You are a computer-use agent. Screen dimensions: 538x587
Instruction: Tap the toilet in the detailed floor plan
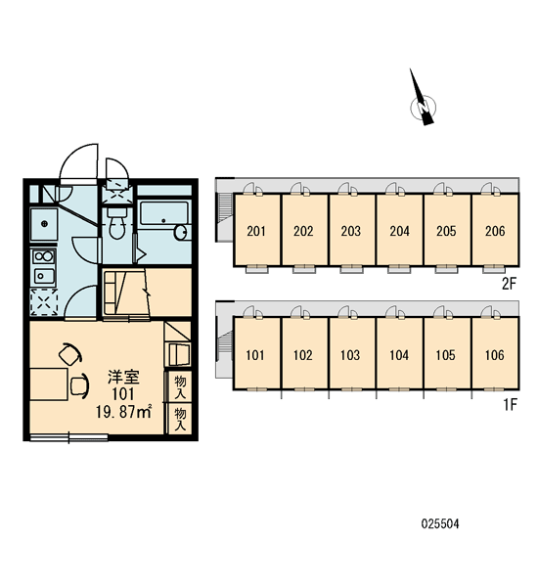coord(117,223)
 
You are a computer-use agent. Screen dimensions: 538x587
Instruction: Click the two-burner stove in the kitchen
coord(44,256)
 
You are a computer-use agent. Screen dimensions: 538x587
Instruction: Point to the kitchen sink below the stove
coord(44,276)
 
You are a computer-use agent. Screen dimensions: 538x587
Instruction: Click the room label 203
coord(350,231)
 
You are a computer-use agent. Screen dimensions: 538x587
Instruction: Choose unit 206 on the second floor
coord(495,230)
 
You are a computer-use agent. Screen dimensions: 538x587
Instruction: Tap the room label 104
coord(399,355)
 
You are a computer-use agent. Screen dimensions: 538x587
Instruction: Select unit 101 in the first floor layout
coord(257,353)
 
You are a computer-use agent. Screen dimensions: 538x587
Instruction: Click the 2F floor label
coord(510,284)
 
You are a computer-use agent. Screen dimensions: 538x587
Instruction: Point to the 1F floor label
coord(510,405)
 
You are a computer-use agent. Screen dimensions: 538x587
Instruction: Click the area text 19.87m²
coord(123,412)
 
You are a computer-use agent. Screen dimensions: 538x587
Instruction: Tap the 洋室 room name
coord(123,377)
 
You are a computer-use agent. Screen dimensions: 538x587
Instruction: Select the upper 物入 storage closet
coord(180,386)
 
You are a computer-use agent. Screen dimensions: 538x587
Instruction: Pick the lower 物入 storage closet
coord(180,419)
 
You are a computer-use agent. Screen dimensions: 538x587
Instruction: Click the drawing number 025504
coord(440,523)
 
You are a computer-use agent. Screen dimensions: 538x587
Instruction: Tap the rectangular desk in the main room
coord(49,384)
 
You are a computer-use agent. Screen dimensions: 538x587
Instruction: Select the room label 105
coord(445,355)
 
